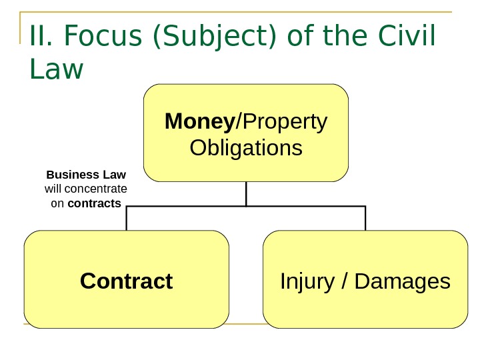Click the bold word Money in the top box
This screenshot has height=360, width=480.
(199, 122)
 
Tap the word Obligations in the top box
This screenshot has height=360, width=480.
(246, 147)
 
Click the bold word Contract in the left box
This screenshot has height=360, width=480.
(126, 281)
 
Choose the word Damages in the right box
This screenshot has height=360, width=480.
(403, 281)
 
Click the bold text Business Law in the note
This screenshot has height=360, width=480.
(86, 175)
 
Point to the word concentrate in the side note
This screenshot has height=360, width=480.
(97, 189)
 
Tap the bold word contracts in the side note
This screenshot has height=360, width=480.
(95, 203)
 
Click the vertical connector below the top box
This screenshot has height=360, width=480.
(246, 194)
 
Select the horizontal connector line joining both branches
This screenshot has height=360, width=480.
(246, 207)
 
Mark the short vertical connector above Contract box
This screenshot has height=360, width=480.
(126, 219)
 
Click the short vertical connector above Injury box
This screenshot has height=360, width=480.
(365, 219)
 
